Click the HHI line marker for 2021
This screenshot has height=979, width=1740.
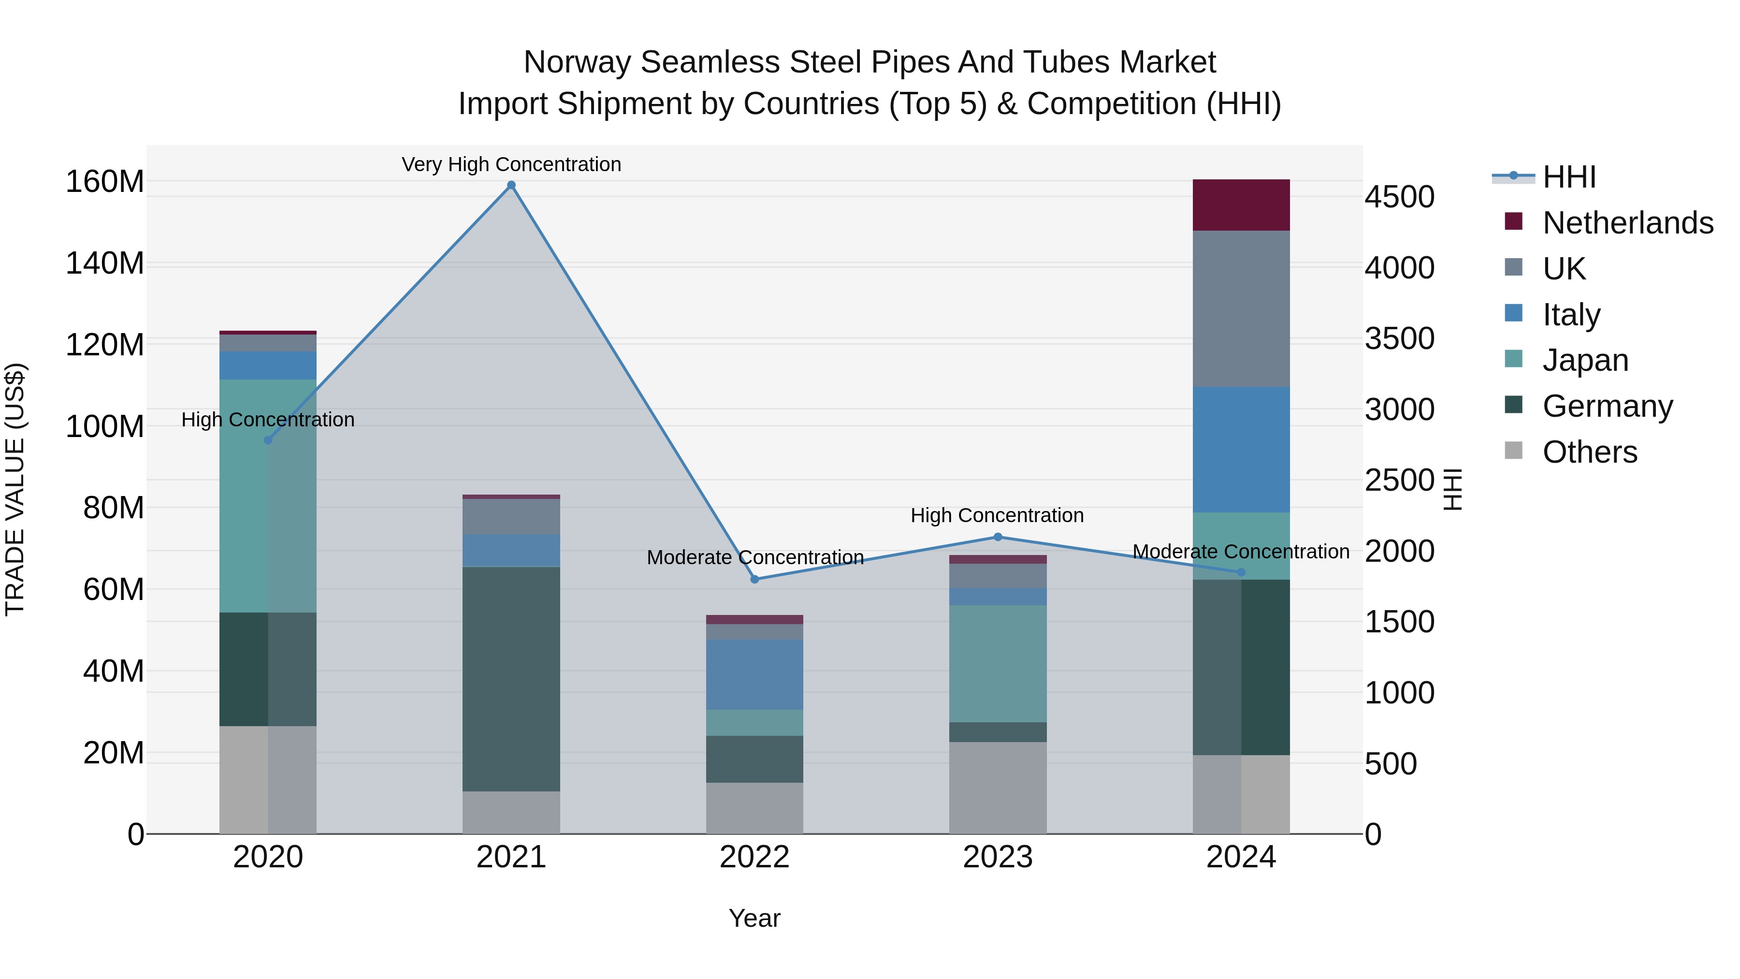coord(511,185)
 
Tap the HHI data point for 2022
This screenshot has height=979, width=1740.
coord(754,579)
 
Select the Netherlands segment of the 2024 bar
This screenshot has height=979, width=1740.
coord(1241,205)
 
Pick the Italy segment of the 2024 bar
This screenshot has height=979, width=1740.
coord(1241,449)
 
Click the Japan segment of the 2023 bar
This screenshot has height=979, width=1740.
coord(998,663)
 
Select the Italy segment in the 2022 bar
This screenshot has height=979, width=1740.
coord(754,674)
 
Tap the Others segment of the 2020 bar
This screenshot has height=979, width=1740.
coord(268,780)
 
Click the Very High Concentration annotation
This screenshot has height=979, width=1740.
coord(511,164)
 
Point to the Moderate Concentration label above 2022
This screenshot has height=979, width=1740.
coord(754,557)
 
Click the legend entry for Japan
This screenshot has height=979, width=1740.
coord(1585,360)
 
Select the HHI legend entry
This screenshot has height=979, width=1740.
coord(1568,177)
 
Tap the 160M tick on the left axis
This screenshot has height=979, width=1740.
coord(105,182)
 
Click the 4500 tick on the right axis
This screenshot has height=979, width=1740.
coord(1399,197)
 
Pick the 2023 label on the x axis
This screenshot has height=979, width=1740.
coord(998,857)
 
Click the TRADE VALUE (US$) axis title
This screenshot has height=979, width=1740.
coord(15,489)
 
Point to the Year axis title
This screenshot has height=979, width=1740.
coord(754,918)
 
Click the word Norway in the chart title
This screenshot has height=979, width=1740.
coord(578,62)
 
